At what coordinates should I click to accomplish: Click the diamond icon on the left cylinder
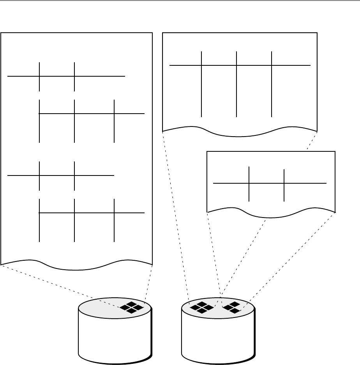(x=132, y=307)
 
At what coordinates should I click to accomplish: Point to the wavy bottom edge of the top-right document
(x=240, y=136)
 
